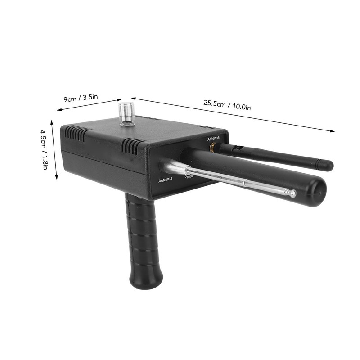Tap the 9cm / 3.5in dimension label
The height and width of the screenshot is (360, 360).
pyautogui.click(x=81, y=98)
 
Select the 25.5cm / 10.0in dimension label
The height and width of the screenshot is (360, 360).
pyautogui.click(x=227, y=105)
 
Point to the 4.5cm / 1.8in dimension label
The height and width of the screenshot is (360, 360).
pyautogui.click(x=45, y=150)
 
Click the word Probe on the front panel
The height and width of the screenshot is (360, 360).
pyautogui.click(x=189, y=176)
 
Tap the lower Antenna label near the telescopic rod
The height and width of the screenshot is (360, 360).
pyautogui.click(x=165, y=180)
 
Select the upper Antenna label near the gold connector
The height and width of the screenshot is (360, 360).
pyautogui.click(x=213, y=139)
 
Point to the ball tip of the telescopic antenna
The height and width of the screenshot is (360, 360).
pyautogui.click(x=292, y=193)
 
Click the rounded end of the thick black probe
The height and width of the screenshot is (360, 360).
pyautogui.click(x=318, y=192)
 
